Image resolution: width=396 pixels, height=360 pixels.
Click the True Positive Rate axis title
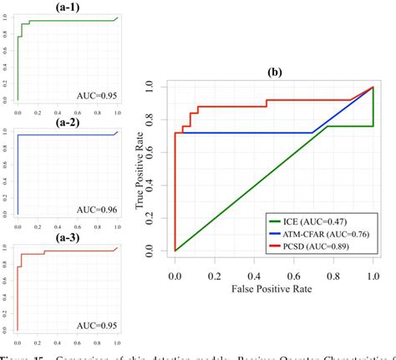[x=141, y=167]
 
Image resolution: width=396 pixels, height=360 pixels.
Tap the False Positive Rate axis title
[x=273, y=286]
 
